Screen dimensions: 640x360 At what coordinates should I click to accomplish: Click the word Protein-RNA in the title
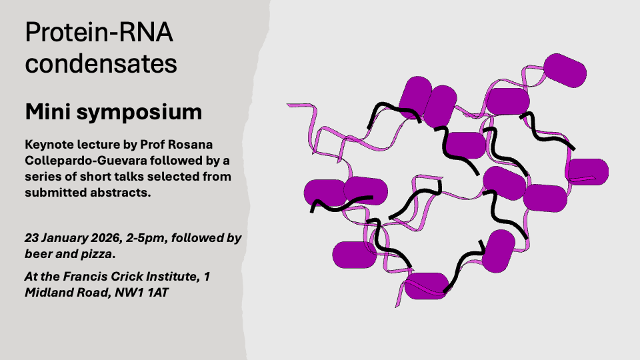99,32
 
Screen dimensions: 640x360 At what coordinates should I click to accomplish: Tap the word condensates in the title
101,63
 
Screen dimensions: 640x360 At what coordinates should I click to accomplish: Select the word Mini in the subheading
47,111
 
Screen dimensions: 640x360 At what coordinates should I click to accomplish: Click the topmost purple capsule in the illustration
565,71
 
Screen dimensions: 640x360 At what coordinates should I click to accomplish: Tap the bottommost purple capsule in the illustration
427,286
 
